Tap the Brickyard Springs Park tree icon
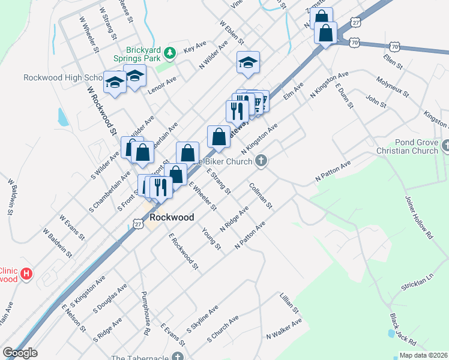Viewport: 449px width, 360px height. tap(170, 53)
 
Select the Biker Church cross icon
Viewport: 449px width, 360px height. tap(260, 160)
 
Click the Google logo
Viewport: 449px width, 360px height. tap(20, 353)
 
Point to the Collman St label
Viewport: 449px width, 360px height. tap(261, 196)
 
